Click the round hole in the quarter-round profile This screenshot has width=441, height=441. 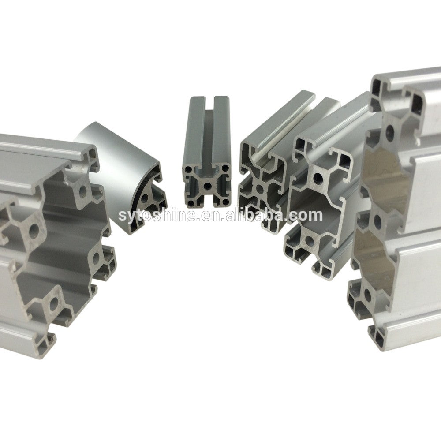pyautogui.click(x=145, y=198)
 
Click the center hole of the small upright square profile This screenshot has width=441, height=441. pyautogui.click(x=208, y=186)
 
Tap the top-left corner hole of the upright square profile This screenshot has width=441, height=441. pyautogui.click(x=187, y=170)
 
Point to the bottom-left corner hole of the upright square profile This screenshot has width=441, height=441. pyautogui.click(x=191, y=203)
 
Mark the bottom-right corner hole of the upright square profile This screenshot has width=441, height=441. pyautogui.click(x=225, y=202)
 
